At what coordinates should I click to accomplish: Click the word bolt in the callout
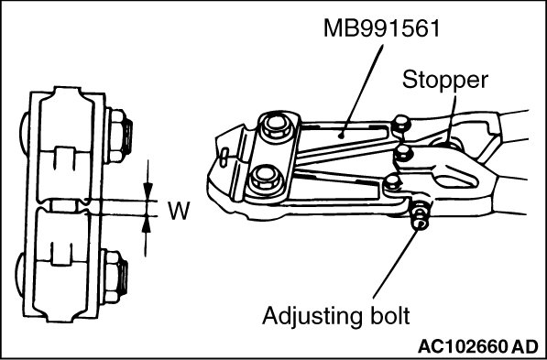pyautogui.click(x=388, y=316)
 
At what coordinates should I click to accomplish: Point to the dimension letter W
pyautogui.click(x=179, y=211)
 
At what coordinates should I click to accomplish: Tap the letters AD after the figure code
pyautogui.click(x=526, y=346)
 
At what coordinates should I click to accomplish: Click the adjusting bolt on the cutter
pyautogui.click(x=420, y=216)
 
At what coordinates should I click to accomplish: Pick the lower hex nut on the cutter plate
pyautogui.click(x=265, y=178)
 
